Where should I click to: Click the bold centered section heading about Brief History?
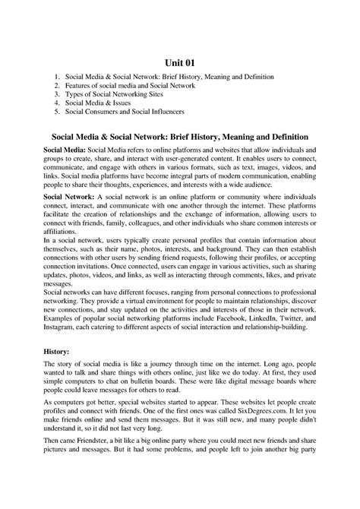(x=179, y=136)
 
